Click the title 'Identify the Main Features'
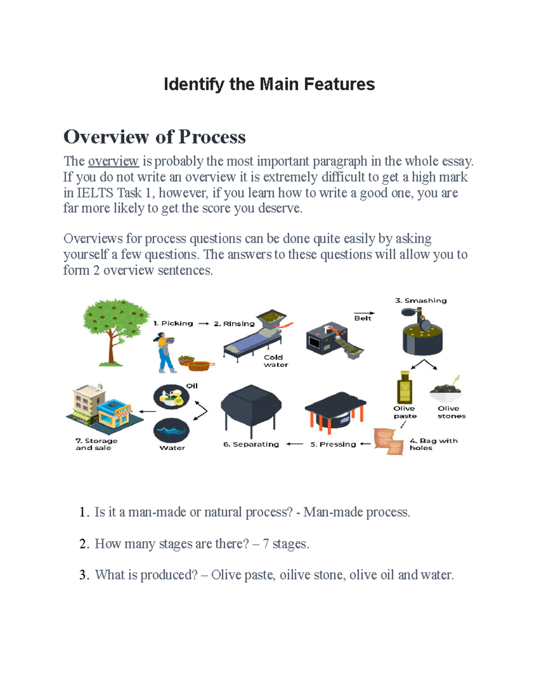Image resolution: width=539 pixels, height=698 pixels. click(269, 84)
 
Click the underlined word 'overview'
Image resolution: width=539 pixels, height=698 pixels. click(113, 161)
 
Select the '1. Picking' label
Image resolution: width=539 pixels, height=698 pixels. click(173, 323)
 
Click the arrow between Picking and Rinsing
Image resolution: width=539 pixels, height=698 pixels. click(203, 324)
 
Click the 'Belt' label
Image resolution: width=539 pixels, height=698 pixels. click(362, 318)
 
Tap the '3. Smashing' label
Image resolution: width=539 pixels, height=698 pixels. click(421, 300)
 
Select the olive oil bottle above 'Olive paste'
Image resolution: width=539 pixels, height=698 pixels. click(404, 387)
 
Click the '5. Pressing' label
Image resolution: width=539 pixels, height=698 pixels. click(333, 444)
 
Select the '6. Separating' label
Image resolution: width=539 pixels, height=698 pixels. click(251, 444)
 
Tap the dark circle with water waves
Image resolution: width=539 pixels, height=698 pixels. click(171, 431)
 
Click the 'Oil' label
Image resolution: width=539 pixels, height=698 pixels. click(192, 386)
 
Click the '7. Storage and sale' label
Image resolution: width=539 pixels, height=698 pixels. click(96, 444)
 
